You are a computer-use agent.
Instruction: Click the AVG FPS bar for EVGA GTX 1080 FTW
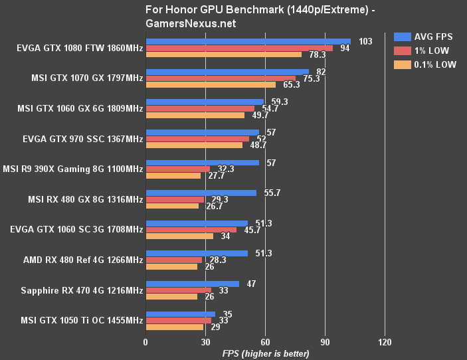pos(248,41)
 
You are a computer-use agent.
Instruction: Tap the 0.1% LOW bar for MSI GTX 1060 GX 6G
pos(195,115)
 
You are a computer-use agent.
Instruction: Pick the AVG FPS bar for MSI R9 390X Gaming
pos(202,163)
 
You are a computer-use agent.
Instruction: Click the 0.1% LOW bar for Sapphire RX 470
pos(171,296)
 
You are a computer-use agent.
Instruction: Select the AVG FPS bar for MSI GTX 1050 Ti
pos(180,314)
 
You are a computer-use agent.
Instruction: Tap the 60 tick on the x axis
pos(264,342)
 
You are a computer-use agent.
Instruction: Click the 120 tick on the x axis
pos(384,342)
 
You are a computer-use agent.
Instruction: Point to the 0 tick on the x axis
pos(145,342)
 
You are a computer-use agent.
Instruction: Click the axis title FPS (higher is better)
pos(265,353)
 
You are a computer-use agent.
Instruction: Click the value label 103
pos(365,41)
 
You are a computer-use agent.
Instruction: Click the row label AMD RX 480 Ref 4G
pos(86,261)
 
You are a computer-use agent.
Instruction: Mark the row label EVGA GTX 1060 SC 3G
pos(77,230)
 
